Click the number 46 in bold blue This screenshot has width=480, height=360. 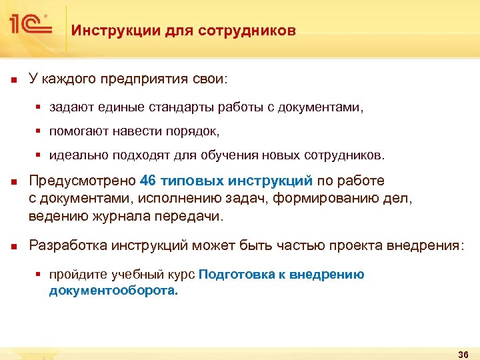coord(149,181)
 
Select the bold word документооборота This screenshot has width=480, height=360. coord(113,291)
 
